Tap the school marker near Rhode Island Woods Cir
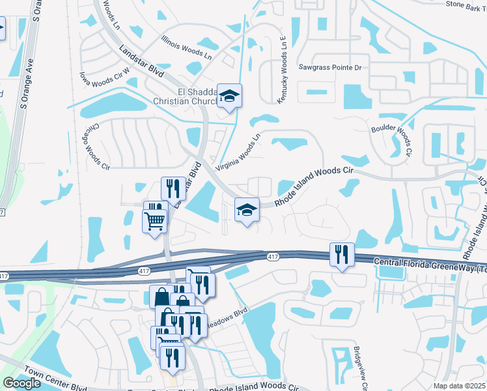click(247, 210)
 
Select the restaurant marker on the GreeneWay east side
click(342, 254)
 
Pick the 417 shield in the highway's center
click(273, 257)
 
